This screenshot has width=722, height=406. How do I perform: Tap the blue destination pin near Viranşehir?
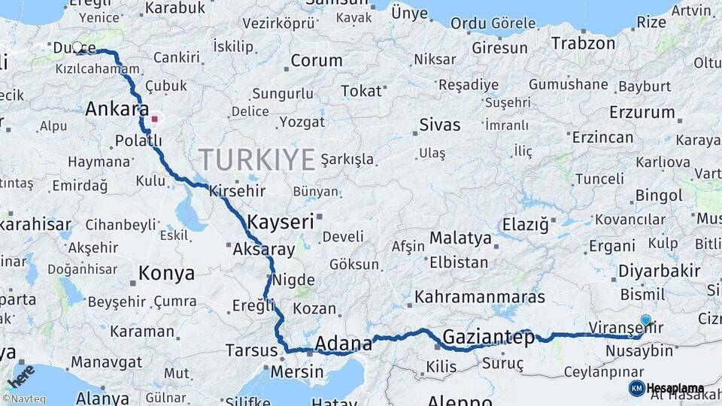click(x=645, y=320)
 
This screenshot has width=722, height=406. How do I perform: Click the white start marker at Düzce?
click(x=77, y=47)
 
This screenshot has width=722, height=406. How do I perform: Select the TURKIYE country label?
click(x=256, y=159)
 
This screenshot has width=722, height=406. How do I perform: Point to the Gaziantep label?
click(x=488, y=337)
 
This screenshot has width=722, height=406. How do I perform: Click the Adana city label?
click(x=343, y=344)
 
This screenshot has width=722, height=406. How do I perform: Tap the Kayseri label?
click(x=280, y=222)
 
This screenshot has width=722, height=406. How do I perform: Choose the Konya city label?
click(x=166, y=274)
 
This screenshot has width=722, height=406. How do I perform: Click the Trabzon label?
click(x=583, y=43)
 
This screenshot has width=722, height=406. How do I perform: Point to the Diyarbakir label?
click(x=659, y=271)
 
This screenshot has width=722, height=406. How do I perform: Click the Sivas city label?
click(x=440, y=125)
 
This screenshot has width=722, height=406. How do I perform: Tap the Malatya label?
click(x=460, y=239)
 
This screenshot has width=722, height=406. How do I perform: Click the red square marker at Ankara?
click(x=155, y=118)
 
